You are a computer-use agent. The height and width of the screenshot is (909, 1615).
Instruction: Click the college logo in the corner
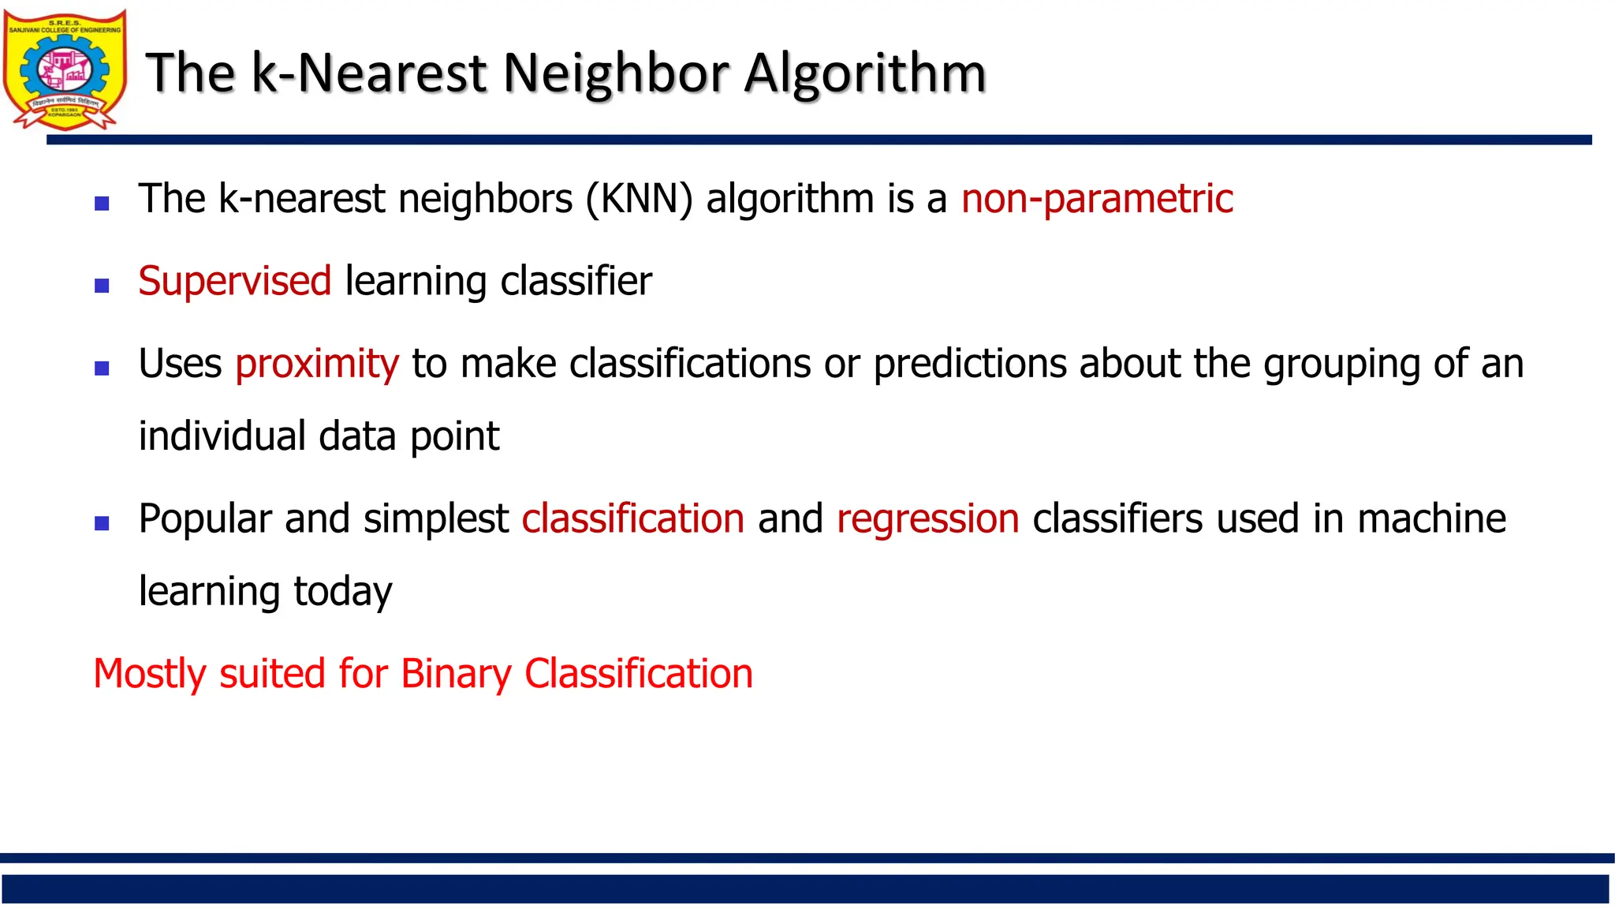point(65,69)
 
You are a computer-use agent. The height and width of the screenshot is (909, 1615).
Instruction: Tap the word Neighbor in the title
point(615,73)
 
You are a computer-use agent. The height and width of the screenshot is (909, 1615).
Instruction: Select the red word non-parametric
point(1097,198)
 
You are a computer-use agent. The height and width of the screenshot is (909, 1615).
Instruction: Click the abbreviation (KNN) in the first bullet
point(639,198)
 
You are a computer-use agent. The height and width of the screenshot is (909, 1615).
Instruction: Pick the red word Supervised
point(234,281)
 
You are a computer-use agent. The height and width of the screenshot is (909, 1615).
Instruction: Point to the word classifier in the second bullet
point(576,281)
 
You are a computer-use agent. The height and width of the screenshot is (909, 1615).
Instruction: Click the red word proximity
point(317,365)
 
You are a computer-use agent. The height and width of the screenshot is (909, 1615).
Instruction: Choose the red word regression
point(927,519)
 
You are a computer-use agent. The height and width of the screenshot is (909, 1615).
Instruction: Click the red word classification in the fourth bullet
point(632,519)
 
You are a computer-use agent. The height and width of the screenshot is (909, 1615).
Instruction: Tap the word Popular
point(205,519)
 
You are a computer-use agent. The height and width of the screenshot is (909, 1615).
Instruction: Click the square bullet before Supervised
point(102,286)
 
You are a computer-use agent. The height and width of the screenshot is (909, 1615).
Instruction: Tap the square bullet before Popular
point(102,523)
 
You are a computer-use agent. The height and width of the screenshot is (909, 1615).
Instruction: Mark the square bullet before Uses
point(102,368)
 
